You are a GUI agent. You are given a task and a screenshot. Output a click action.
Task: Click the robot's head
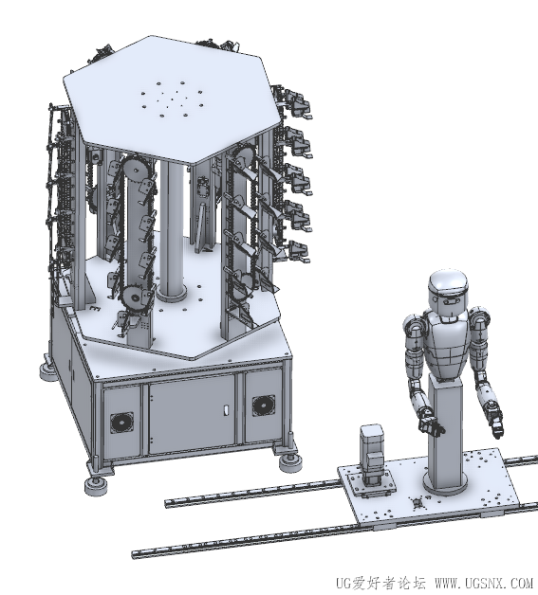coord(448,291)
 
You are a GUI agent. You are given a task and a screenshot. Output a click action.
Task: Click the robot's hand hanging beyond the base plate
coord(494,420)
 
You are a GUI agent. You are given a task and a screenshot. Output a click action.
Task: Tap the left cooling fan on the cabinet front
coord(121,423)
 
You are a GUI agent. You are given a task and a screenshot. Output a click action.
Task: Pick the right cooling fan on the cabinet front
coord(263,406)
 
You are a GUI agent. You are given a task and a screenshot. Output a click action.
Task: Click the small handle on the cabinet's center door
coord(227,409)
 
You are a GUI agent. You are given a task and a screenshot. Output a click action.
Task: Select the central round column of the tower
coord(171,227)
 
